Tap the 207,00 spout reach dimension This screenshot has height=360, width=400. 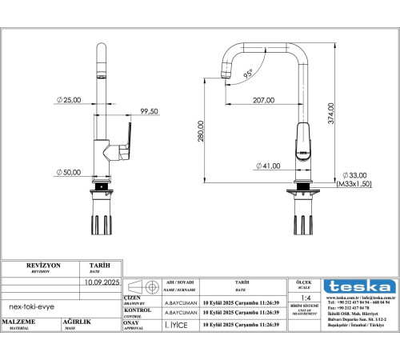tap(264, 101)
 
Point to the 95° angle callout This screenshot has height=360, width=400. tap(249, 73)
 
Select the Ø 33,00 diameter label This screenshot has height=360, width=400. tap(354, 175)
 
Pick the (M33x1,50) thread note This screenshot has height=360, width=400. tap(354, 184)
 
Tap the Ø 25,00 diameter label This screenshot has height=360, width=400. tap(68, 99)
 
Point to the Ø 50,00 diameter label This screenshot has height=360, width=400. tap(68, 173)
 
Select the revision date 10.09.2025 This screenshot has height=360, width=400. tap(101, 283)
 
